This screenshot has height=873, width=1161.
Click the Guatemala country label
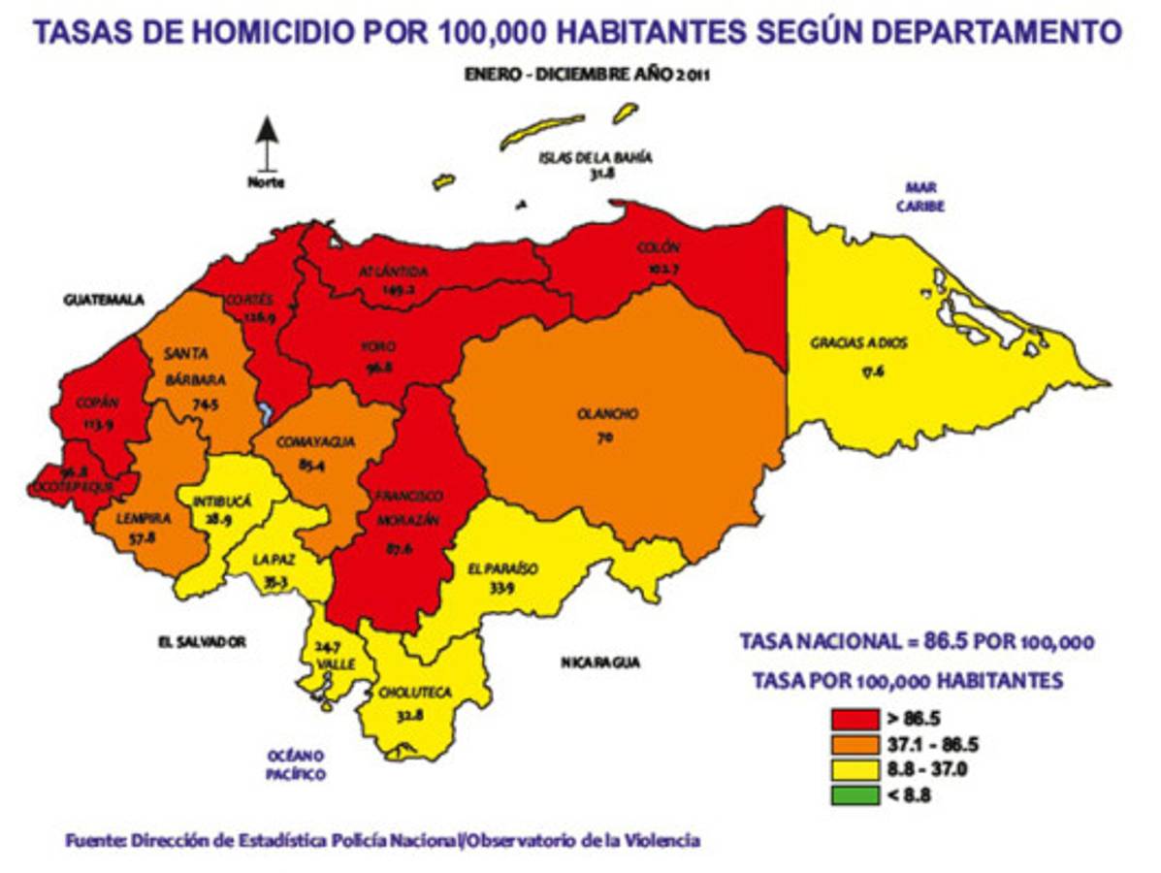point(104,301)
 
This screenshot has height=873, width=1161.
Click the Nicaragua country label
point(600,663)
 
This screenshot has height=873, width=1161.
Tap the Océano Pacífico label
point(296,764)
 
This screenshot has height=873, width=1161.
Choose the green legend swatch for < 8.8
point(854,795)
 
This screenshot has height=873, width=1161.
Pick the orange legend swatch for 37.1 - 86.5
point(854,745)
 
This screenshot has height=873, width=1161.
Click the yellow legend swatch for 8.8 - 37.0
point(854,770)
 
